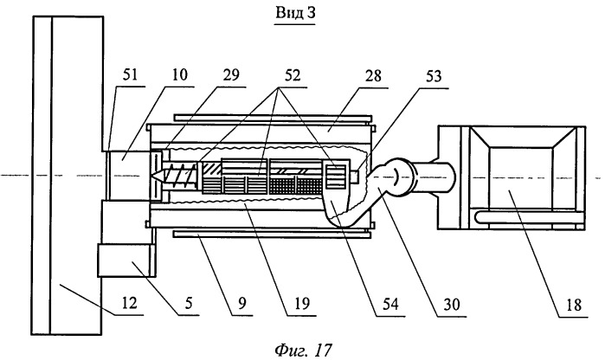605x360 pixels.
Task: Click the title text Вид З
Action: click(295, 13)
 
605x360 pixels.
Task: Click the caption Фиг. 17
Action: click(303, 350)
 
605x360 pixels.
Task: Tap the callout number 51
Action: click(130, 74)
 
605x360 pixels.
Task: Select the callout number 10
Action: click(178, 74)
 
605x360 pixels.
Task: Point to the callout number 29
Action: click(231, 74)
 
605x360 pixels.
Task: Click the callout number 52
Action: click(293, 74)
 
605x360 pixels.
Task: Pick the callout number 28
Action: click(373, 75)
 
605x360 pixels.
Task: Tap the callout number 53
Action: click(433, 76)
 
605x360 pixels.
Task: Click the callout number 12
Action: click(129, 303)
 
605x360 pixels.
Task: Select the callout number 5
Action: click(189, 303)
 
